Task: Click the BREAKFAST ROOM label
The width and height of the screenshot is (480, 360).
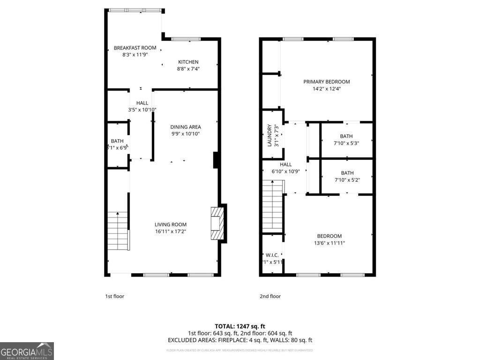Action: [x=135, y=48]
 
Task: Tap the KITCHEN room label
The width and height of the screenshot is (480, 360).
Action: [x=187, y=62]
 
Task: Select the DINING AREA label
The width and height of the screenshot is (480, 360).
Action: [x=186, y=127]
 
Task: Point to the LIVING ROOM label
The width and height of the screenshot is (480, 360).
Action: [x=171, y=225]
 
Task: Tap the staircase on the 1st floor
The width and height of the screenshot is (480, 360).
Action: [x=118, y=231]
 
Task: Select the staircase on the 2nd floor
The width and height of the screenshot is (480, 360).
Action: [x=272, y=206]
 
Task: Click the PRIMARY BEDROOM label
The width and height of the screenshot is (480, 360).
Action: [x=327, y=82]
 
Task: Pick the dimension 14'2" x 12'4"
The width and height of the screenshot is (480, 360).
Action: [x=327, y=89]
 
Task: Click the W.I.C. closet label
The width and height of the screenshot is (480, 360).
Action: [x=272, y=255]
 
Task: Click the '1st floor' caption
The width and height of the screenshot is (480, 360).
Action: [x=114, y=296]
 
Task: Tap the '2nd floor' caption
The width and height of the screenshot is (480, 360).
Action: [x=270, y=296]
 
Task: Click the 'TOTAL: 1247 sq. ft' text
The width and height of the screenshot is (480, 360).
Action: [x=240, y=326]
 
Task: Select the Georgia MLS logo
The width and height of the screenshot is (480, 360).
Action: [x=27, y=351]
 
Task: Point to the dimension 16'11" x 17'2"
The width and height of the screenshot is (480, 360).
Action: [x=171, y=232]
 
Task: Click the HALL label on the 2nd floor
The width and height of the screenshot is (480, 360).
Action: [x=285, y=165]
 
